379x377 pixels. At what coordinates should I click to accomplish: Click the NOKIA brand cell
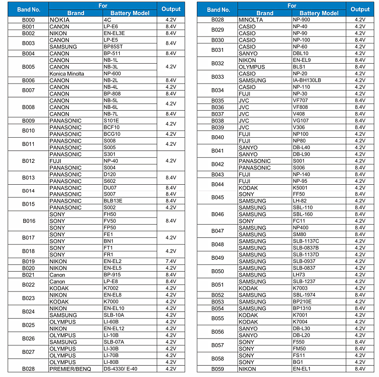click(59, 20)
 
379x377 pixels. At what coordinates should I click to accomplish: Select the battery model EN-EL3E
click(114, 33)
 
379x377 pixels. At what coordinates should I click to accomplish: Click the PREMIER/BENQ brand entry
click(69, 368)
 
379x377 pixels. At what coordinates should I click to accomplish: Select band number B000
click(28, 20)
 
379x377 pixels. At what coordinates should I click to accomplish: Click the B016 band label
click(28, 221)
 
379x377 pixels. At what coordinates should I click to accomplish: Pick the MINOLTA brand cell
click(251, 20)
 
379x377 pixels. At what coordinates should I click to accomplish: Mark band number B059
click(218, 368)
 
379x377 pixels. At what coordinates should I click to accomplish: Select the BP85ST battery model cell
click(113, 47)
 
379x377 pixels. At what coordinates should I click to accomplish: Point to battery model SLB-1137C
click(306, 241)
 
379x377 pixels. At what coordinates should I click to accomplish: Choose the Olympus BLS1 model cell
click(299, 67)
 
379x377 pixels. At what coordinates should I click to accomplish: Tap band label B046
click(218, 214)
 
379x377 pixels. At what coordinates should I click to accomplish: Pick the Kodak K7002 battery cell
click(112, 288)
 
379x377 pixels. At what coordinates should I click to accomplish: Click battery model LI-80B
click(111, 362)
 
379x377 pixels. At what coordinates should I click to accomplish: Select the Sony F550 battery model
click(299, 342)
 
